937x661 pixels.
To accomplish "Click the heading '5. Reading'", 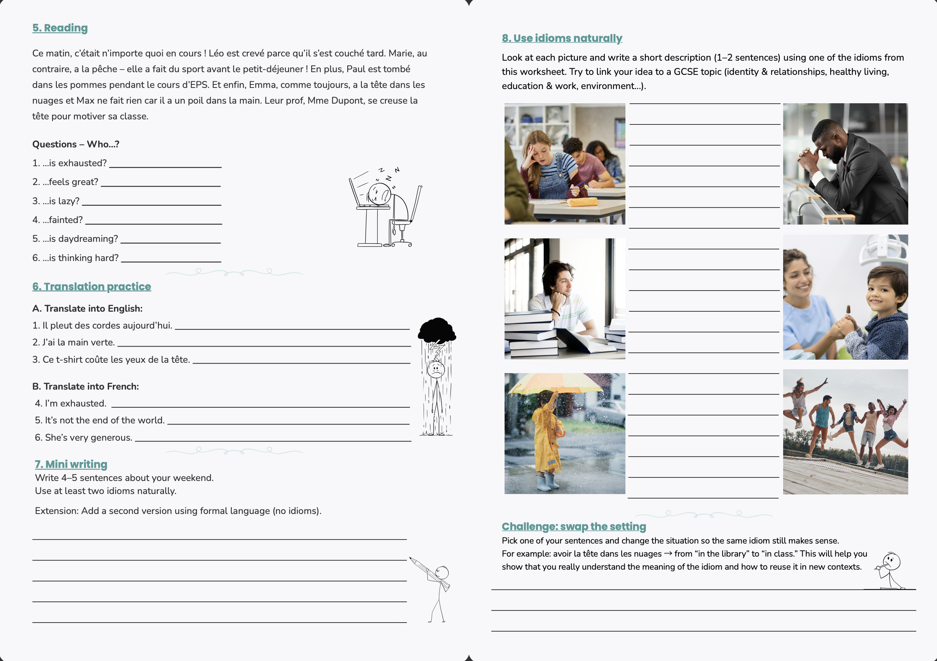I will click(60, 28).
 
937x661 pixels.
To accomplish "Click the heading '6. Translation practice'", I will click(91, 287).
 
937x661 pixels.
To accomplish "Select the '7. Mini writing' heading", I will click(71, 464).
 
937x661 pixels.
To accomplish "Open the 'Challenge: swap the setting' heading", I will click(573, 526).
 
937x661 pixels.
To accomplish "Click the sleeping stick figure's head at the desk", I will click(379, 193).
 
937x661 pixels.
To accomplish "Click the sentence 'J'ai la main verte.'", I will click(79, 342).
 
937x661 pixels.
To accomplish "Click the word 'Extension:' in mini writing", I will click(57, 511).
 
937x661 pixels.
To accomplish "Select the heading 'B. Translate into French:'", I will click(86, 386).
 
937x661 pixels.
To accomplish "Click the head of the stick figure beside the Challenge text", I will click(892, 560).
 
